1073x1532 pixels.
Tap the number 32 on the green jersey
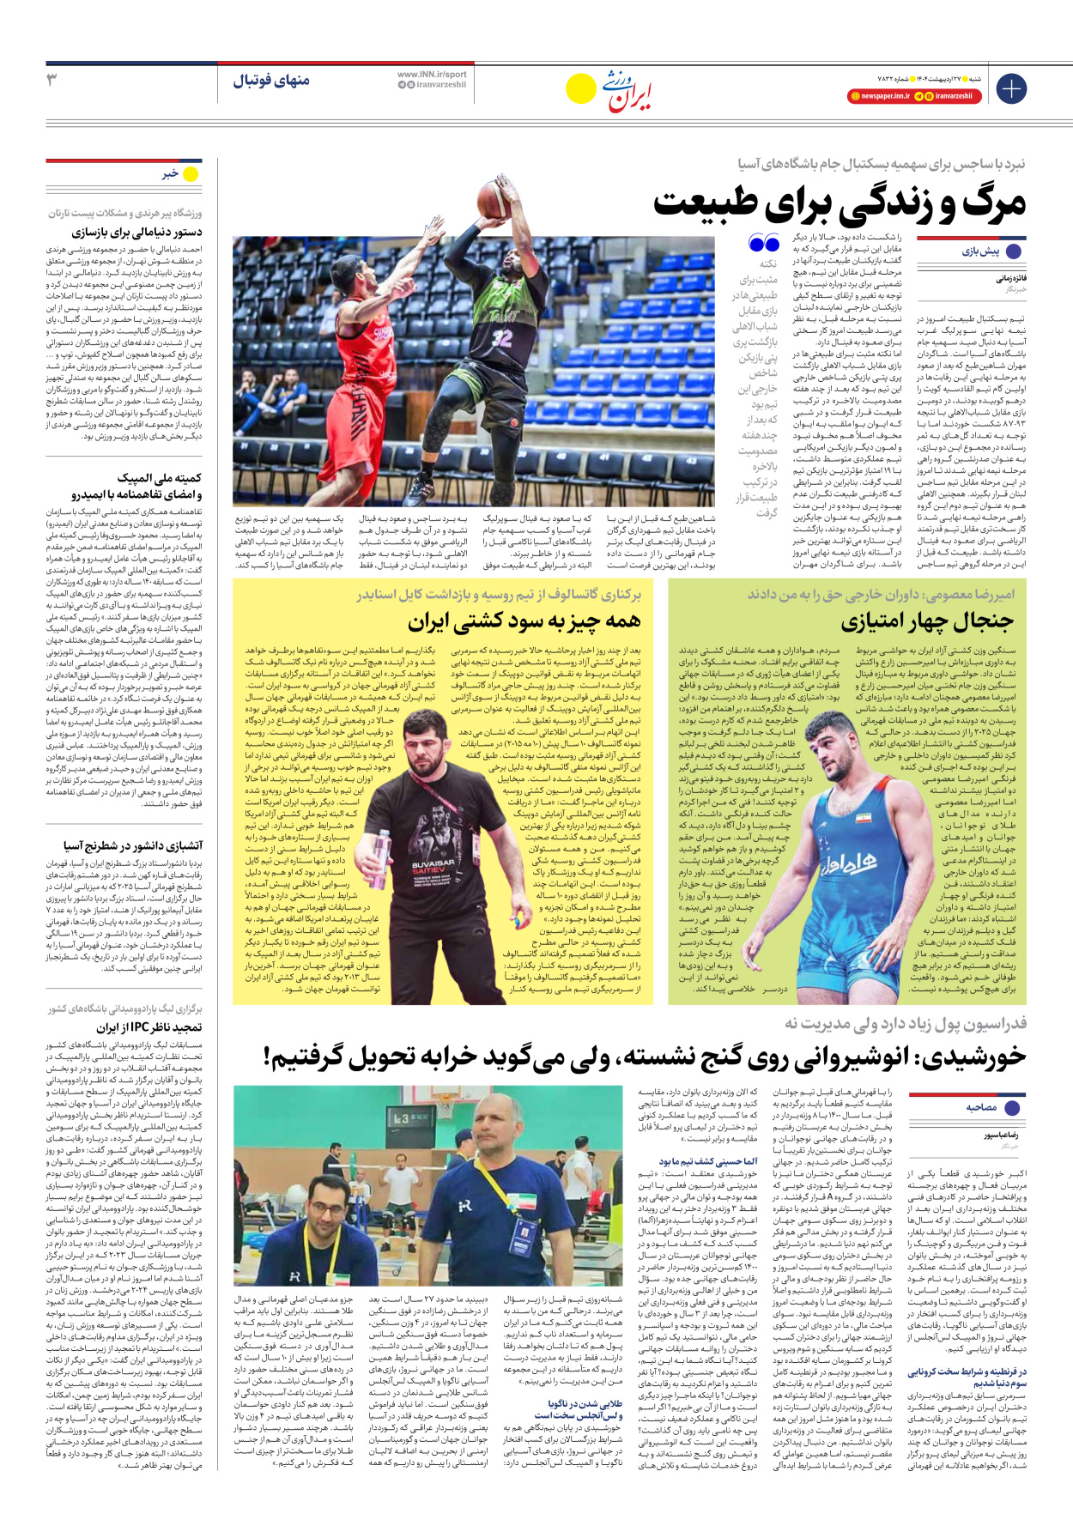tap(502, 338)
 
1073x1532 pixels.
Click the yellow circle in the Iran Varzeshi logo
tap(581, 88)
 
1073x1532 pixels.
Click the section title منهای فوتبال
tap(271, 81)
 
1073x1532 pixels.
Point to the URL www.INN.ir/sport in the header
tap(432, 75)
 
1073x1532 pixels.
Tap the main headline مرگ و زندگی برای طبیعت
tap(840, 203)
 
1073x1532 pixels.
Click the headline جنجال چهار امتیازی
tap(927, 621)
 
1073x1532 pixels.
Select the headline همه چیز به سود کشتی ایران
tap(524, 621)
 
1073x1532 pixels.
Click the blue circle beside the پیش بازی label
tap(1014, 251)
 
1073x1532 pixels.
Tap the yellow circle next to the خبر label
tap(191, 174)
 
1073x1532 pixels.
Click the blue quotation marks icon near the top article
tap(763, 244)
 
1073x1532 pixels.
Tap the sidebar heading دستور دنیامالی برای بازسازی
tap(137, 233)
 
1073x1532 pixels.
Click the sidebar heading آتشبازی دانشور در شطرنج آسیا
tap(132, 845)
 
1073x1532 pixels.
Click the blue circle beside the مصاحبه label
tap(1014, 1107)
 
